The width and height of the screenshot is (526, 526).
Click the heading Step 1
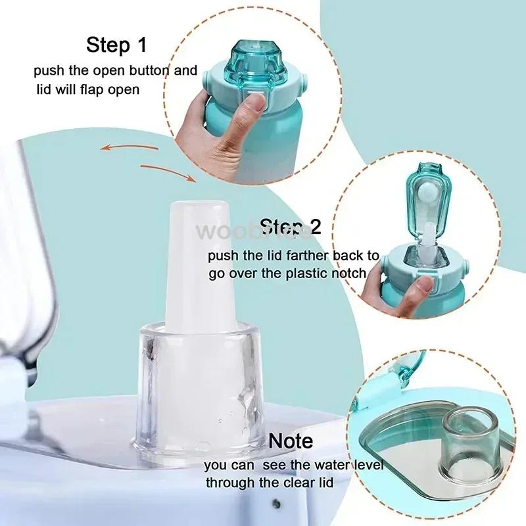(117, 45)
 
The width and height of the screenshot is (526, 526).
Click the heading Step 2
(291, 227)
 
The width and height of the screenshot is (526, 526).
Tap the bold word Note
(291, 441)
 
